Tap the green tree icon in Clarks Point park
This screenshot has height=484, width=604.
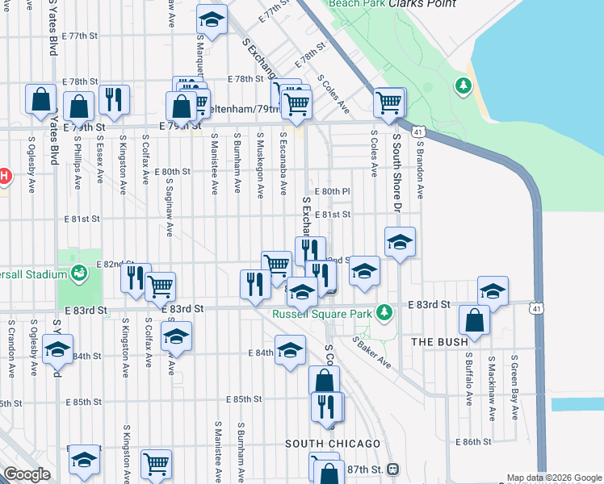[463, 84]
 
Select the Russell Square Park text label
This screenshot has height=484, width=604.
[321, 313]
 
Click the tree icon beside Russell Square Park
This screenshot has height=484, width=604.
[386, 311]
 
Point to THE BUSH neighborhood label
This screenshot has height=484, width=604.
[439, 342]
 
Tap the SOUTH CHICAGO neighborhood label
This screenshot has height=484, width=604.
[333, 444]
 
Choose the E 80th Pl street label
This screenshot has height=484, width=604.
[336, 191]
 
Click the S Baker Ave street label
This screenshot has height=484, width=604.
[371, 353]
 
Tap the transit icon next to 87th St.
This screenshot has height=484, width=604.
[392, 469]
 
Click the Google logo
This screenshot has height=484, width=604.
[27, 474]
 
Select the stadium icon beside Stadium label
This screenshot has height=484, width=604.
[78, 273]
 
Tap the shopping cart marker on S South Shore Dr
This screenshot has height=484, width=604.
[389, 102]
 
